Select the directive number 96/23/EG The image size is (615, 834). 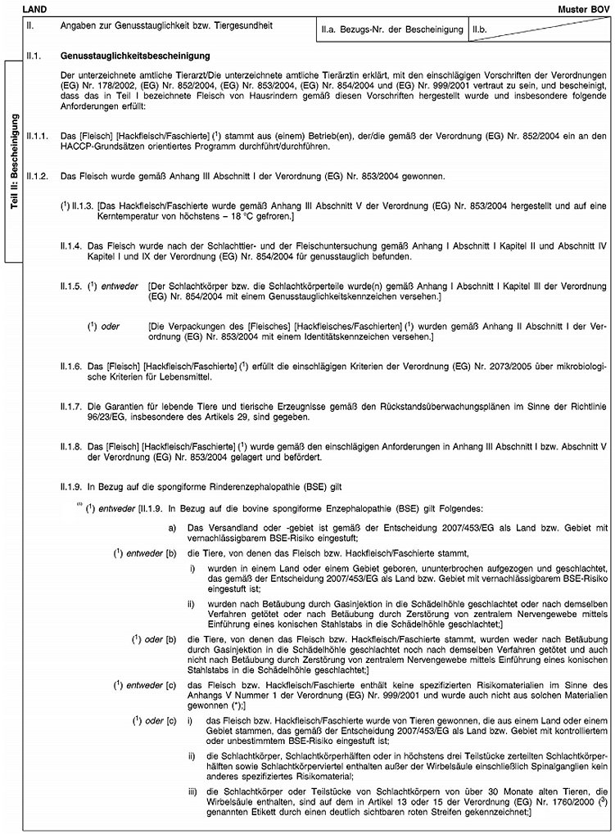tap(109, 416)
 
